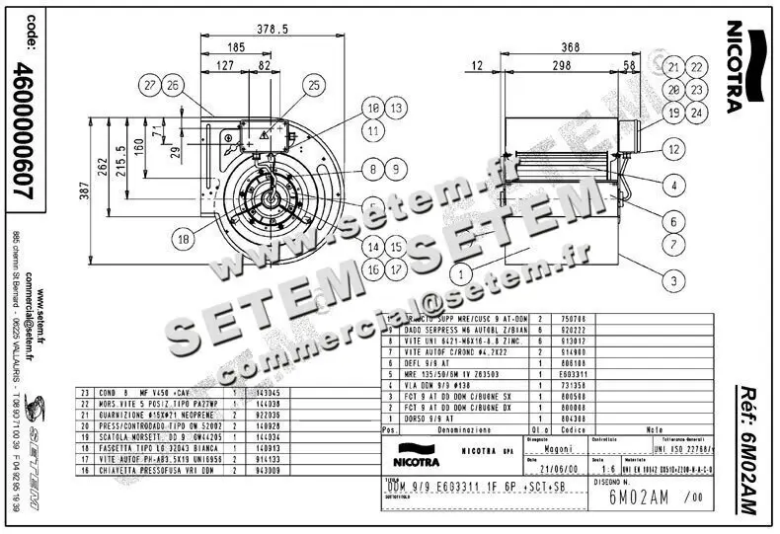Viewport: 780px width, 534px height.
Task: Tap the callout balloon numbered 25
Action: pyautogui.click(x=315, y=86)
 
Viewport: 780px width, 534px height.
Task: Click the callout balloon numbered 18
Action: pyautogui.click(x=184, y=238)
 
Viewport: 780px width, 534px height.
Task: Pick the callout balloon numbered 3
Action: pyautogui.click(x=673, y=281)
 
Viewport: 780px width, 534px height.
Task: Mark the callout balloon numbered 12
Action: pyautogui.click(x=673, y=149)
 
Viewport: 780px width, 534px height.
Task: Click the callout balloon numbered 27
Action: pyautogui.click(x=150, y=86)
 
